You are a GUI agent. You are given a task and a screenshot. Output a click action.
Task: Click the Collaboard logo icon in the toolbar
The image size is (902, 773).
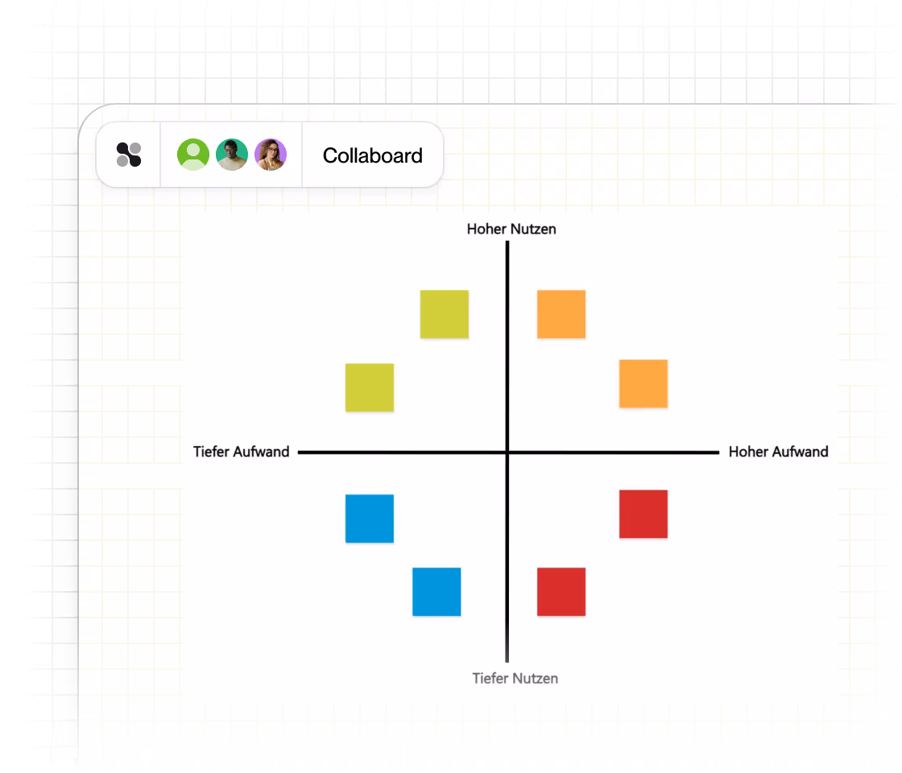[x=129, y=155]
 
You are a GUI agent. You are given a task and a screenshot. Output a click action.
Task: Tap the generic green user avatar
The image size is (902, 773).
[x=193, y=154]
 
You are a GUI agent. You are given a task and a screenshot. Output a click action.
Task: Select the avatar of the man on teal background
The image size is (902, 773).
[x=232, y=154]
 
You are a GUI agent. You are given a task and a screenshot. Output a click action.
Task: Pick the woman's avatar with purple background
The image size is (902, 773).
[x=271, y=154]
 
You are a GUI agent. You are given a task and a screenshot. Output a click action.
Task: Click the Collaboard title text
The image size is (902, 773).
[x=373, y=155]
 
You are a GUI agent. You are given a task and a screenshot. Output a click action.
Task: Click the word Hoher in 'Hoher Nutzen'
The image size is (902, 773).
[x=486, y=229]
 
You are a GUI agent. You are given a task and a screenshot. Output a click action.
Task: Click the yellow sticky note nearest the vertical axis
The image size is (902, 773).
[x=444, y=314]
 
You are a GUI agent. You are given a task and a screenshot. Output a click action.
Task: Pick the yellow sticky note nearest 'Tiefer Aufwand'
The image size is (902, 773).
[x=370, y=387]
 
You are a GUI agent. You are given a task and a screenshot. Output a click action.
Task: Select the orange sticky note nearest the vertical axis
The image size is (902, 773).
[x=561, y=314]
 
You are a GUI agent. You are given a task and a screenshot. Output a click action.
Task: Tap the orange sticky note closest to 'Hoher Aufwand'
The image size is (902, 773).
[x=643, y=383]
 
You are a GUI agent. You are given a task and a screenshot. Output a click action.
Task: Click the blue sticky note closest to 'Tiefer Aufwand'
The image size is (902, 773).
[x=370, y=519]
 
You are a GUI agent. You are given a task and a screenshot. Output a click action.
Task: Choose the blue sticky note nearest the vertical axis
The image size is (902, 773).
[x=437, y=592]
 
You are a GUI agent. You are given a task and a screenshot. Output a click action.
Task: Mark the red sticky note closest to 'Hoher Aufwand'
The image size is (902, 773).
[x=643, y=515]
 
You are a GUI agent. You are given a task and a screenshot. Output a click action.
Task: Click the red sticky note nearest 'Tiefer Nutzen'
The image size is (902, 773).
[x=561, y=592]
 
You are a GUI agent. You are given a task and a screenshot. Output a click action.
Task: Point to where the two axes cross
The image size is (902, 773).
[x=507, y=453]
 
